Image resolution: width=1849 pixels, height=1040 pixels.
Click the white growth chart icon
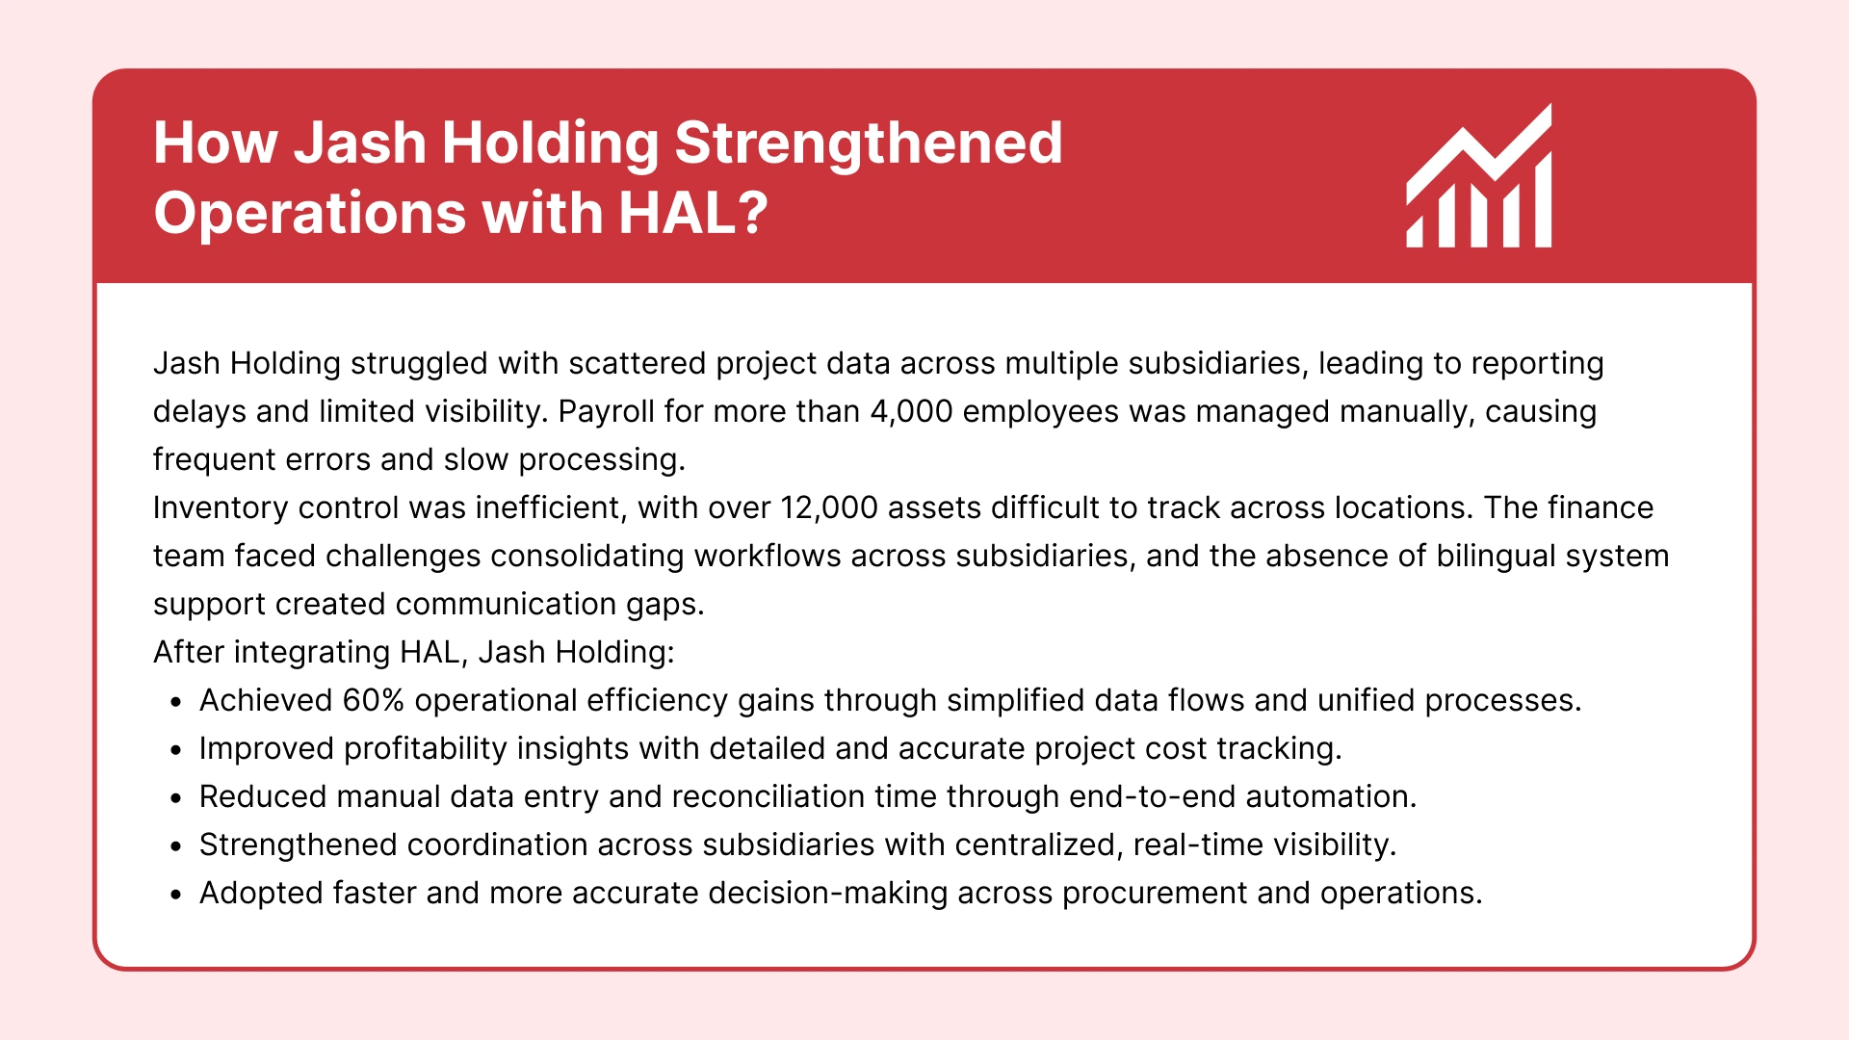[x=1479, y=178]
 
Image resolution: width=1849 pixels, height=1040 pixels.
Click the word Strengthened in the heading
[x=868, y=143]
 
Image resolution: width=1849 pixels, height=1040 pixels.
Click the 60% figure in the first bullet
[x=373, y=700]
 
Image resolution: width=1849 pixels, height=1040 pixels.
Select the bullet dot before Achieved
[x=175, y=703]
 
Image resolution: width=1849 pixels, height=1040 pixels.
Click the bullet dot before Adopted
[x=175, y=896]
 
